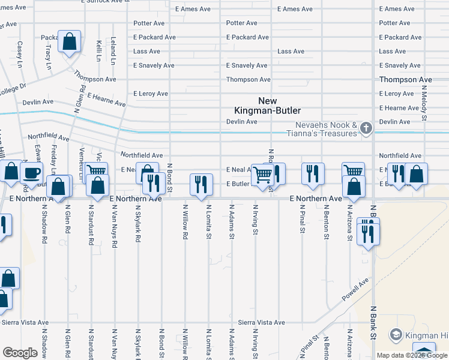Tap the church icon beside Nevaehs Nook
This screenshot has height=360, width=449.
coord(366,127)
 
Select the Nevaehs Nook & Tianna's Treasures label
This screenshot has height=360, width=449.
coord(326,130)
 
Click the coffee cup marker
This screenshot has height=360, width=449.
coord(31,173)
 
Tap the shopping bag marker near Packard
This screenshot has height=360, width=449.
coord(70,42)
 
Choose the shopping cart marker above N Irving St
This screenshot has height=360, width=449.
coord(262,175)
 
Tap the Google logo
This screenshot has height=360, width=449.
coord(20,352)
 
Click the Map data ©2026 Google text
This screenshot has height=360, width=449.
coord(412,355)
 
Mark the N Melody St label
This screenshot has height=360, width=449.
coord(423,101)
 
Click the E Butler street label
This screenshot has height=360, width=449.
coord(237,184)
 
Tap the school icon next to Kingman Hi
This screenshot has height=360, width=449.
coord(396,334)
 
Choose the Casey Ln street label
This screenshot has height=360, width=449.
coord(20,53)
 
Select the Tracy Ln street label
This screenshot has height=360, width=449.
coord(47,58)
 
